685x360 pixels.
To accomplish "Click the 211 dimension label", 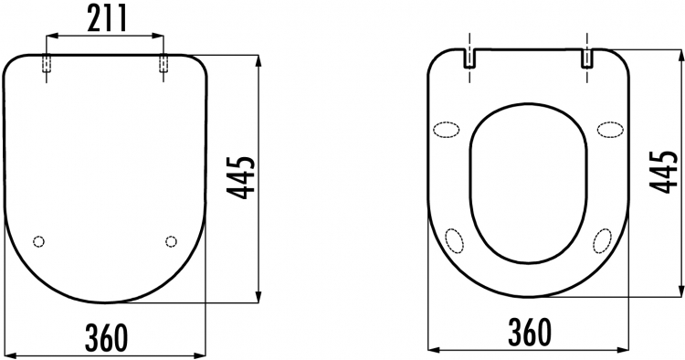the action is (107, 18).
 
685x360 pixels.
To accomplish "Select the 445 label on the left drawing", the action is (241, 177).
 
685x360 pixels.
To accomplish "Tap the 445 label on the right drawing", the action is (664, 172).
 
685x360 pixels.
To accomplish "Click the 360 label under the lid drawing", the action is (107, 337).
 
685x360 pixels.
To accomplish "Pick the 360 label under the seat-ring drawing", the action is (530, 332).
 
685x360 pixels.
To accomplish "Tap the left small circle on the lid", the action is (39, 241).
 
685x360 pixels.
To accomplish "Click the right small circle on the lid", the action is (172, 241).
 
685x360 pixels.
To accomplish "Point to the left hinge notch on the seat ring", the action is (469, 58).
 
